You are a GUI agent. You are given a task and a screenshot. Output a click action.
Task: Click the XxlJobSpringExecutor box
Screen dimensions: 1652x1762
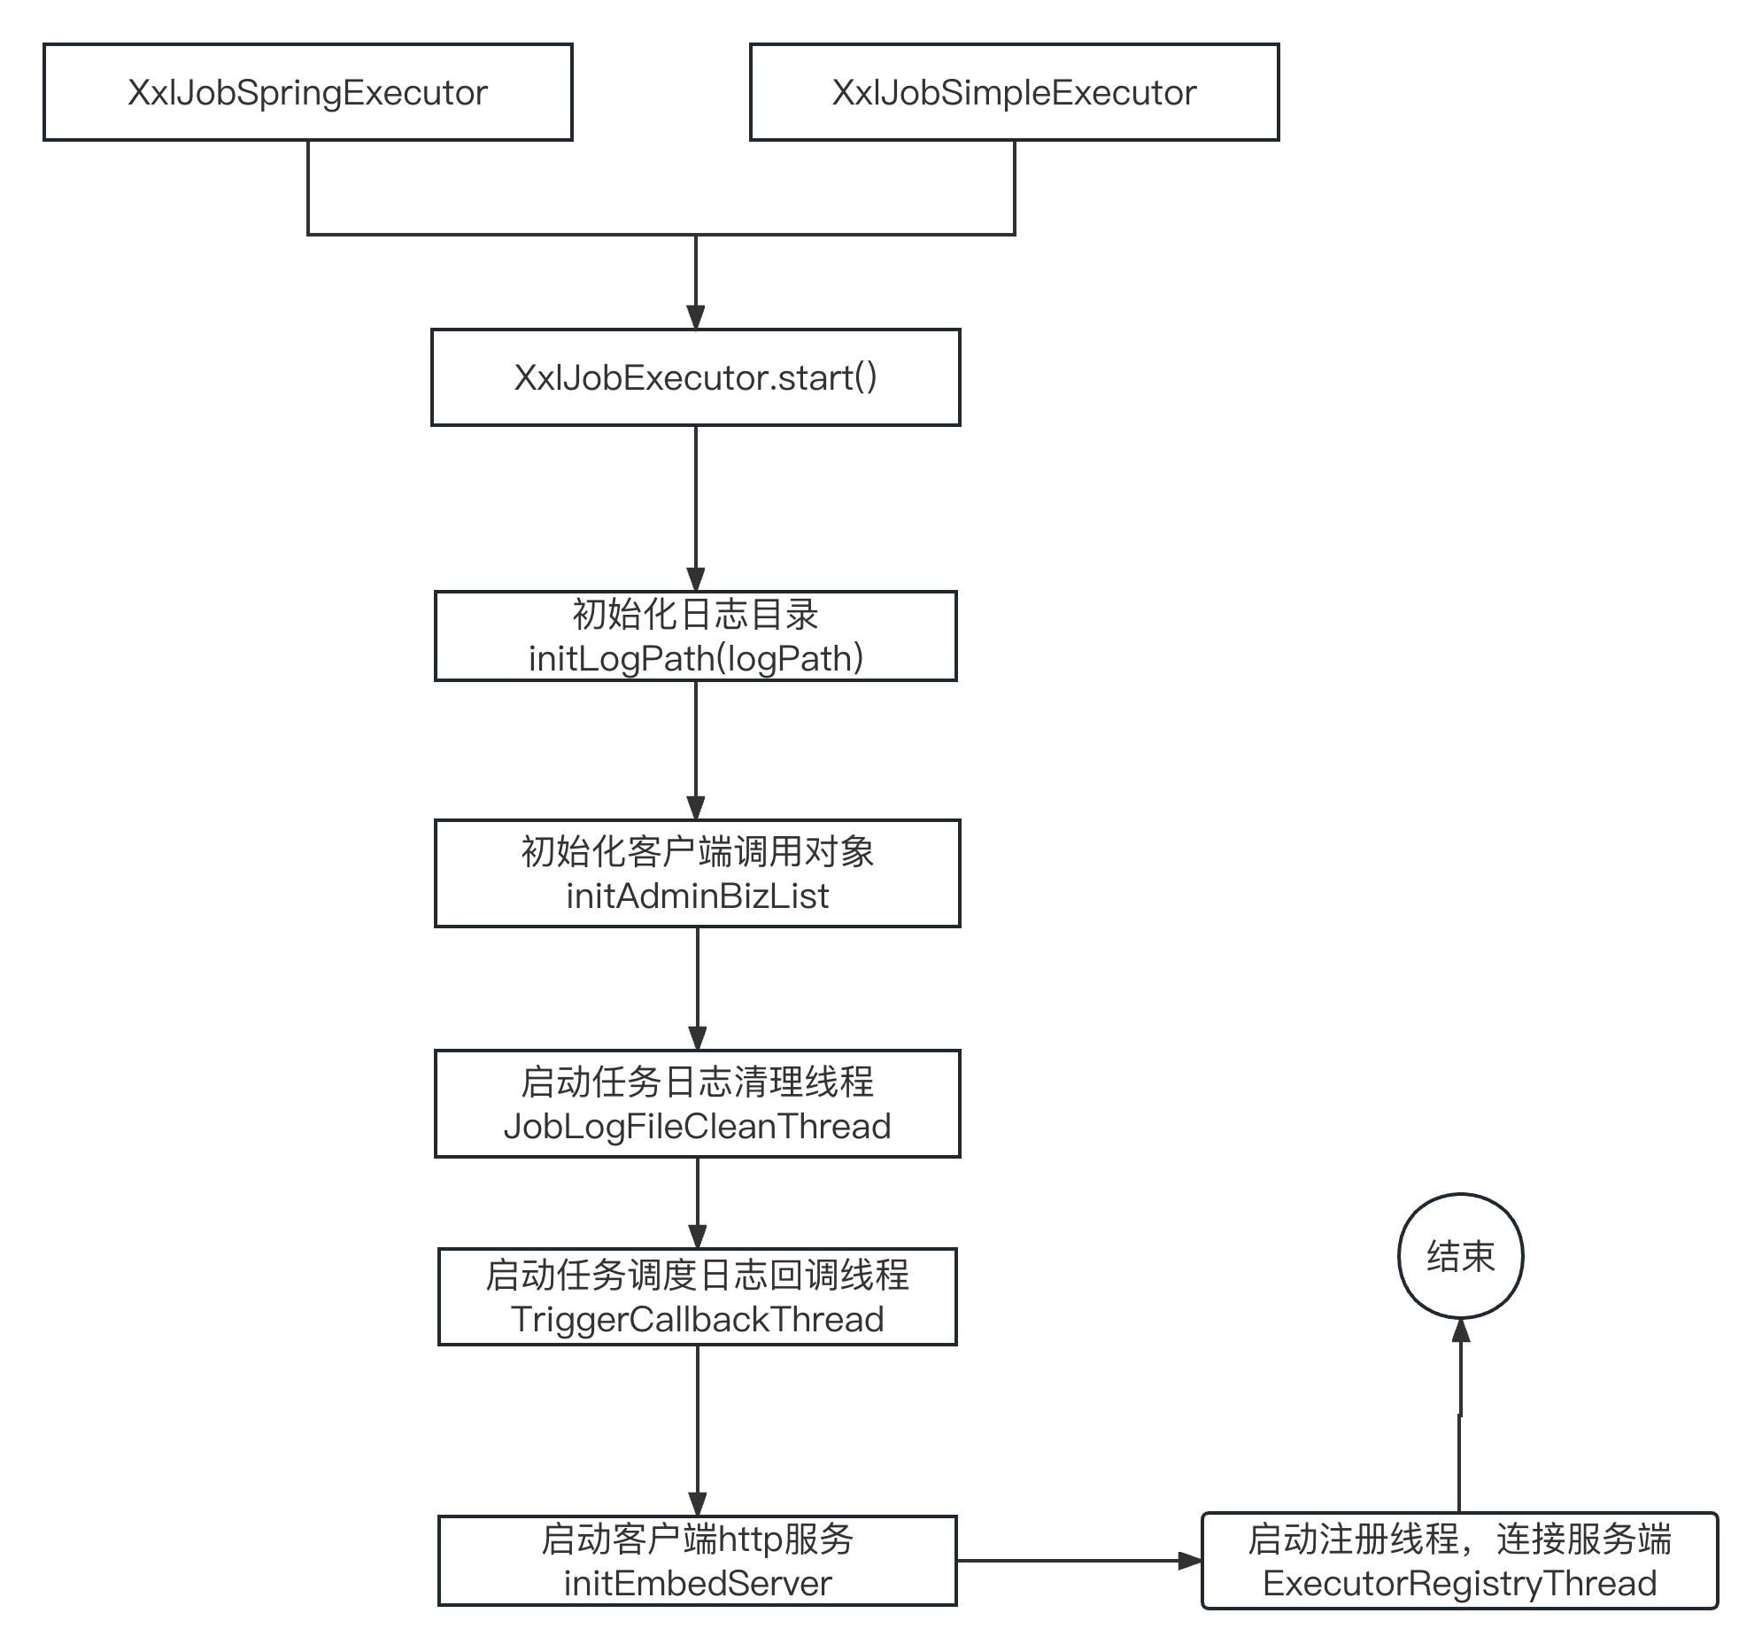pos(307,92)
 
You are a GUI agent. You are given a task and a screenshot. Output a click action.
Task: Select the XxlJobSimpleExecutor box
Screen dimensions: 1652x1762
pos(1014,92)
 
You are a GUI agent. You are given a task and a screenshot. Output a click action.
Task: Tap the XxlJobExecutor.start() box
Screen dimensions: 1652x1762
pos(696,377)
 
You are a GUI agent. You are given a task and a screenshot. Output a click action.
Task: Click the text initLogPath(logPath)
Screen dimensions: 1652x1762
pos(696,658)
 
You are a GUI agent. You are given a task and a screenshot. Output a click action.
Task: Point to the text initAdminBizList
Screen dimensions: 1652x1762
pos(698,896)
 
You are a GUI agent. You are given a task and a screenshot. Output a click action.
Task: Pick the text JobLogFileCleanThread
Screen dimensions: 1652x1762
pos(698,1126)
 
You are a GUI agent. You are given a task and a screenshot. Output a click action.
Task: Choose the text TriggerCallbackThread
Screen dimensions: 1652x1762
pos(698,1320)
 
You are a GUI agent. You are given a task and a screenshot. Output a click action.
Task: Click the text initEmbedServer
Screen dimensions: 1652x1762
pos(698,1583)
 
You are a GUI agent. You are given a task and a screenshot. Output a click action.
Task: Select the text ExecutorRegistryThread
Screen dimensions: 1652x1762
pos(1460,1583)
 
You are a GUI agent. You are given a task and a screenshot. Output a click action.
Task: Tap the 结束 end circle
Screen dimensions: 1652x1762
pos(1461,1256)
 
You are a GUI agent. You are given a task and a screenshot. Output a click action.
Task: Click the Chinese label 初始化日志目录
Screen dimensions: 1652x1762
pos(696,614)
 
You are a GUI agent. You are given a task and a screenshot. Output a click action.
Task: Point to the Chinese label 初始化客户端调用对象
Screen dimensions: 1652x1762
pos(698,851)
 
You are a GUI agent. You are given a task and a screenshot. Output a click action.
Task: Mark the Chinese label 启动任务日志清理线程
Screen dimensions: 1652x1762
pos(698,1082)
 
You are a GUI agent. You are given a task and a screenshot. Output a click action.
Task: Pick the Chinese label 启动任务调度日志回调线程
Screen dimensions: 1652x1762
pos(698,1276)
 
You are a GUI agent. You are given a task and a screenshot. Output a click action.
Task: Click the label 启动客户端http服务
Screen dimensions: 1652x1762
pos(698,1540)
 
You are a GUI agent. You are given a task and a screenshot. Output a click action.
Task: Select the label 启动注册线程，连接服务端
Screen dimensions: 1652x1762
pos(1460,1540)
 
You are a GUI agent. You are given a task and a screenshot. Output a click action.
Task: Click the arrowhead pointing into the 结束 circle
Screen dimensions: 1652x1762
pos(1461,1330)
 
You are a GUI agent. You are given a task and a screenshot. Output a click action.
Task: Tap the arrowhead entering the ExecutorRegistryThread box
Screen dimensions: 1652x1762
pos(1189,1561)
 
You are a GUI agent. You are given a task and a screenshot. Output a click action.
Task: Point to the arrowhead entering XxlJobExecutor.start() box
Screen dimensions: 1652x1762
pos(696,317)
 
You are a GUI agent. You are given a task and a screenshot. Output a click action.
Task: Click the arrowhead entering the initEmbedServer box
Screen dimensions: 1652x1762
pos(698,1504)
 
